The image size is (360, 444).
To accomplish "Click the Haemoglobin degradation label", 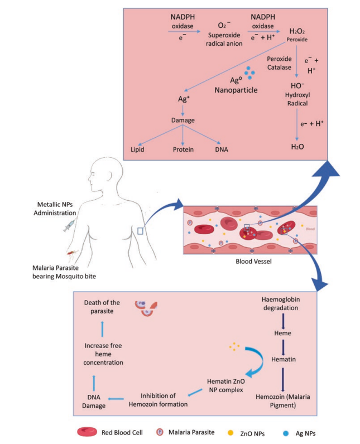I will click(285, 305).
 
